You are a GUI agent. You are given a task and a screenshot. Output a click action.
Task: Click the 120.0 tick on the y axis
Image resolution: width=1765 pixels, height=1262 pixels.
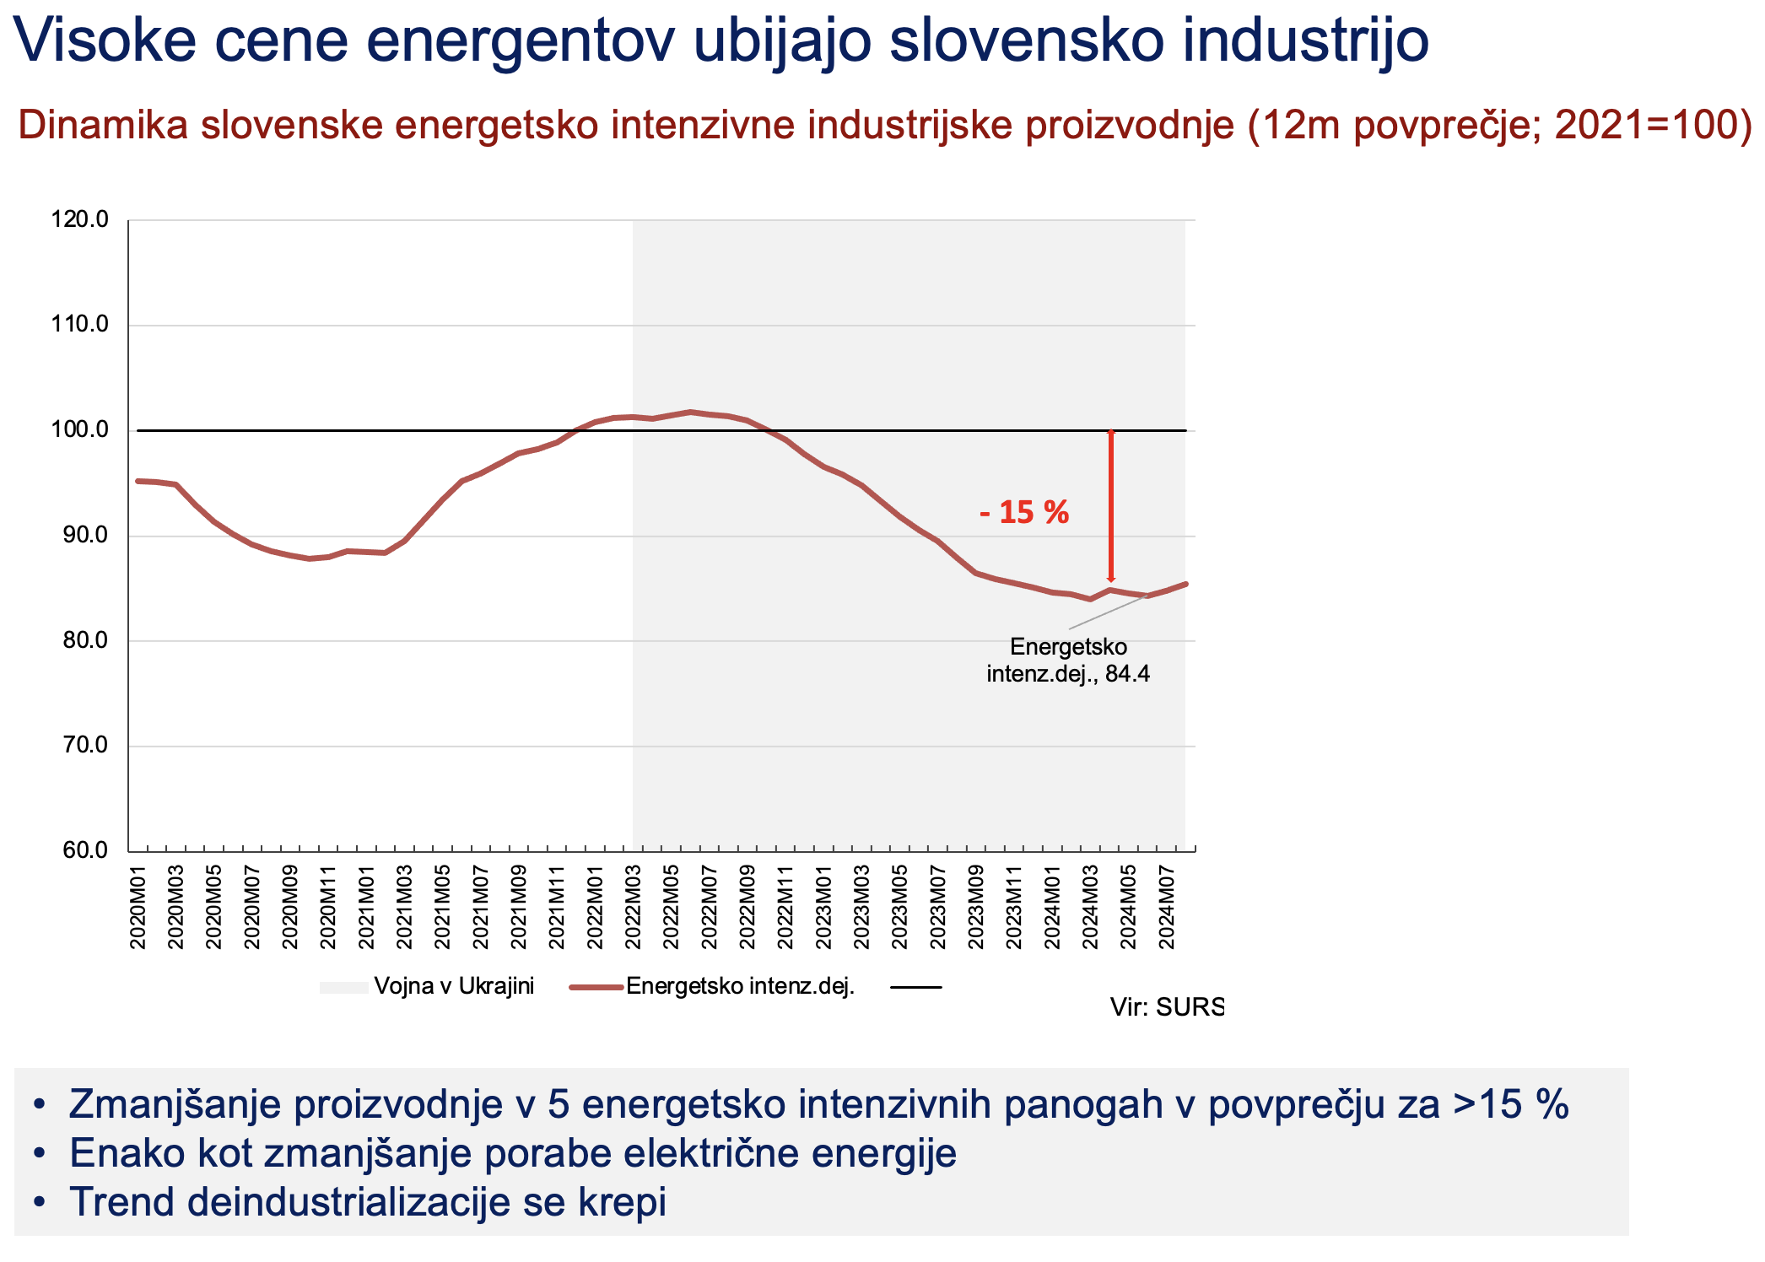click(80, 220)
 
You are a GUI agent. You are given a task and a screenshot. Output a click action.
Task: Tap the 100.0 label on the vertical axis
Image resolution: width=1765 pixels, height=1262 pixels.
click(80, 430)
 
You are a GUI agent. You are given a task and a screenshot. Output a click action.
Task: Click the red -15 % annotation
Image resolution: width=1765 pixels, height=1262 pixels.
click(1023, 512)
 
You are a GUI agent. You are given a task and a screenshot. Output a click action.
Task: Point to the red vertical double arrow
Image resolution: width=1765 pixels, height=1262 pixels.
click(1111, 506)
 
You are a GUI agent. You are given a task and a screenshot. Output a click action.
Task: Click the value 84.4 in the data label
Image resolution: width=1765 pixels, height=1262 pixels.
click(1127, 675)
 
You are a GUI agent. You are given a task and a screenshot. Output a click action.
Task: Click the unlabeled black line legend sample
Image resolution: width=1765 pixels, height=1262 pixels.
click(916, 987)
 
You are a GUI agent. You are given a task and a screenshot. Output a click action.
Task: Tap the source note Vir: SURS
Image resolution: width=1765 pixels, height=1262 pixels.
click(1166, 1007)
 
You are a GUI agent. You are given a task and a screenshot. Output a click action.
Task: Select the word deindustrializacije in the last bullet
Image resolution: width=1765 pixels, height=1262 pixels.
click(349, 1202)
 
